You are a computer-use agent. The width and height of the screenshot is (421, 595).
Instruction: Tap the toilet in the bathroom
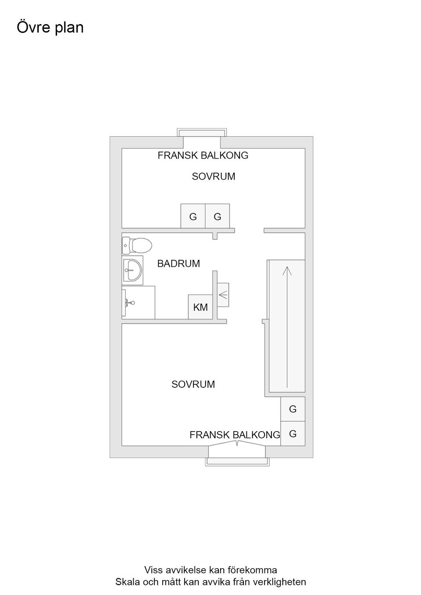137,245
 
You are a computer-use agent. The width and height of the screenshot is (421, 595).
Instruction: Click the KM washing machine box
200,307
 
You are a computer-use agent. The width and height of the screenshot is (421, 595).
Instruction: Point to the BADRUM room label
178,263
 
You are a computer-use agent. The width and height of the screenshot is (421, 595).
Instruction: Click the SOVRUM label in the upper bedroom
214,177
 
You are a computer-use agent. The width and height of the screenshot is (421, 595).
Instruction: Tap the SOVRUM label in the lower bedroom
193,384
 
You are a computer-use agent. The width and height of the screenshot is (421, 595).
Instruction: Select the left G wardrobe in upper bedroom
193,216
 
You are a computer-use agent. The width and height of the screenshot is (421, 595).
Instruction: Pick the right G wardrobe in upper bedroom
218,216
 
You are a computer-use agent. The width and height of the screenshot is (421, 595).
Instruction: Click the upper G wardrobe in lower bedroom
293,409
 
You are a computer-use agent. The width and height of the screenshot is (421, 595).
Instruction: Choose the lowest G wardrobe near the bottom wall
293,433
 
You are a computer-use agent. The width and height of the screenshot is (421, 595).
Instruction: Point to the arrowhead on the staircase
287,271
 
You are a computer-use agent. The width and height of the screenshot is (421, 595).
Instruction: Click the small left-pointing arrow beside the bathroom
223,294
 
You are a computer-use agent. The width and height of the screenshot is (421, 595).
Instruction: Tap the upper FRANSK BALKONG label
203,156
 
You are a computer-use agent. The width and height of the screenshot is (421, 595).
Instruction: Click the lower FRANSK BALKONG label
235,435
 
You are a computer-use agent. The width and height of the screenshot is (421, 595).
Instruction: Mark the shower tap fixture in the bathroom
130,302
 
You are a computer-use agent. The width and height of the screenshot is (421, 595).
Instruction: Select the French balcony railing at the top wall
202,132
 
